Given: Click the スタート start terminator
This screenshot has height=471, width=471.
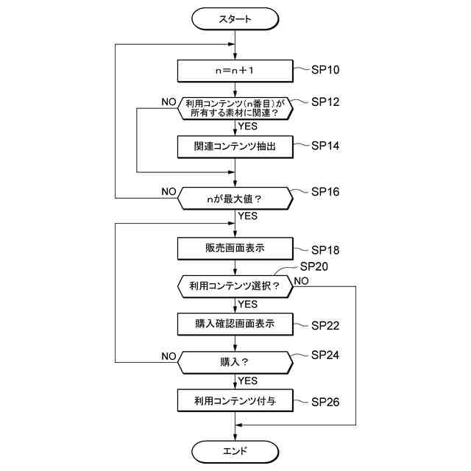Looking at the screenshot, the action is click(235, 19).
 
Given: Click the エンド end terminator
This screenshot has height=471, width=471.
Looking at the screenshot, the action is click(235, 451).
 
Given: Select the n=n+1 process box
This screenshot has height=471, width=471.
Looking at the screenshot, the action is click(235, 71).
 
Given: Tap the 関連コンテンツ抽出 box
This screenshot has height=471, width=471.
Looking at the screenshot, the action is click(235, 147).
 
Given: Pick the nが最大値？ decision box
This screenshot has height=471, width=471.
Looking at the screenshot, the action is click(235, 199).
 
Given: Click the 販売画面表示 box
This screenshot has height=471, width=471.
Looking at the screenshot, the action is click(235, 249).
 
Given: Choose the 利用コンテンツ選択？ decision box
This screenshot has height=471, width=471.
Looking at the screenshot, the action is click(235, 286).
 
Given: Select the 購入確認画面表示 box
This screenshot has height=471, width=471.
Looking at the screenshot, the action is click(235, 324).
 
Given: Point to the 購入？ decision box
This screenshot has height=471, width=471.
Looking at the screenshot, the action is click(235, 363).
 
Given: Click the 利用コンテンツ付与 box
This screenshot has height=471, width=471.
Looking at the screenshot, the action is click(235, 400).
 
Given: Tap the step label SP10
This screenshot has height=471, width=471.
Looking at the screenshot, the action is click(325, 70).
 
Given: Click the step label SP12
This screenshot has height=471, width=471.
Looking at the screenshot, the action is click(325, 102).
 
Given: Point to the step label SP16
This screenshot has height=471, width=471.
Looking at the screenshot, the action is click(325, 192).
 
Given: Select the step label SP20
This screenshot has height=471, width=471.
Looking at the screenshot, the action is click(314, 266).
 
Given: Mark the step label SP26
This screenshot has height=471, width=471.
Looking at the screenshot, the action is click(325, 402).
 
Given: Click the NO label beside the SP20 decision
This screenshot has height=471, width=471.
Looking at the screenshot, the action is click(301, 281).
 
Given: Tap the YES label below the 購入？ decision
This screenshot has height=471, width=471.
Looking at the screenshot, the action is click(248, 381).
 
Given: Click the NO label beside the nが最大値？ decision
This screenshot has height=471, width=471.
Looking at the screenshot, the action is click(169, 191).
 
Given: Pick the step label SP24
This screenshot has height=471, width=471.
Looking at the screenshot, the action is click(325, 355).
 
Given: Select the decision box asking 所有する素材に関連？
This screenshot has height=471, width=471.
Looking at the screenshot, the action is click(235, 108).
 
